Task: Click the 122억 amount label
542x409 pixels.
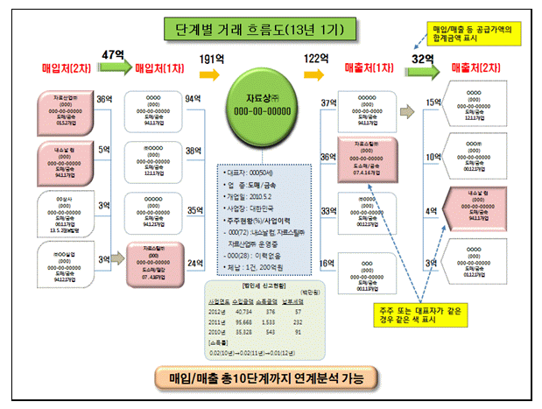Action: click(316, 59)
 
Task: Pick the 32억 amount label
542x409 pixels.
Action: click(425, 59)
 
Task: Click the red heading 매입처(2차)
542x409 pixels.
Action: click(63, 67)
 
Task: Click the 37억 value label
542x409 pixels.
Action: click(330, 104)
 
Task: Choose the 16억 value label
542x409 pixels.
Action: click(327, 262)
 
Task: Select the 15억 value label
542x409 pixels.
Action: click(433, 103)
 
